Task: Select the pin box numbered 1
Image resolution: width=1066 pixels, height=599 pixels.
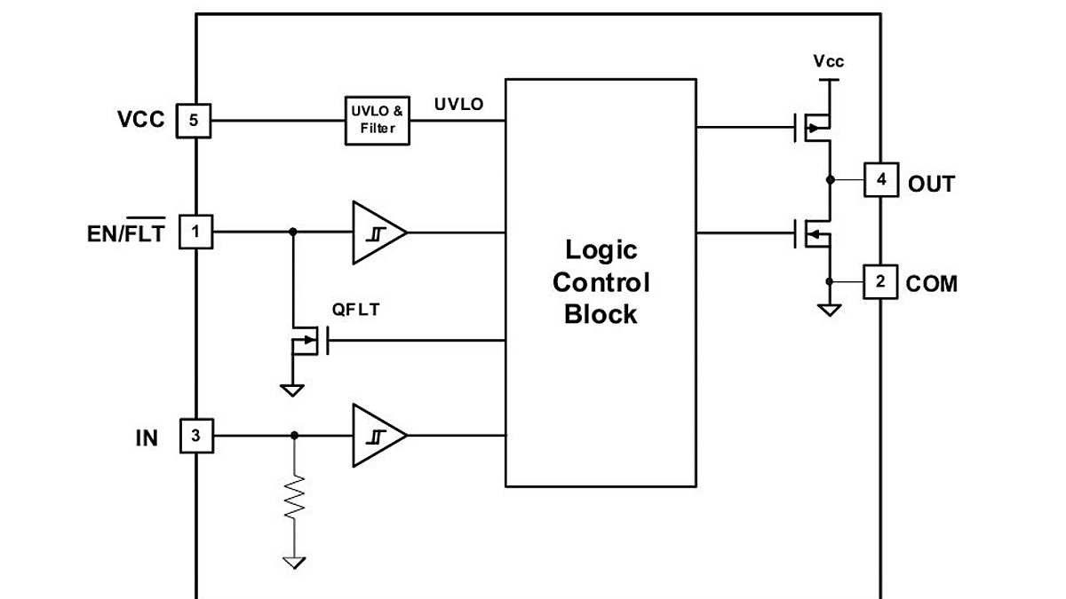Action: (x=195, y=233)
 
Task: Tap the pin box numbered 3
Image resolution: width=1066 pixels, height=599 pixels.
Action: (x=196, y=436)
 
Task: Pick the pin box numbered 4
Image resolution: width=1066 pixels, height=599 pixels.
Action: (x=880, y=180)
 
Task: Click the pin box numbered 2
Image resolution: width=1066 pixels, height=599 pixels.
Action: (x=880, y=282)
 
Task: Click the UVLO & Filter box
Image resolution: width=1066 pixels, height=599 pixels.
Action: (x=378, y=121)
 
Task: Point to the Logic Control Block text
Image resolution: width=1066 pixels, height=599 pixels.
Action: (x=601, y=281)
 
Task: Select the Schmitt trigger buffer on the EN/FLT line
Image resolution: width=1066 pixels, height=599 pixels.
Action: (x=377, y=233)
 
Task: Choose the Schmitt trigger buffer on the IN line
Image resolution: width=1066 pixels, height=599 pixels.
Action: (x=377, y=436)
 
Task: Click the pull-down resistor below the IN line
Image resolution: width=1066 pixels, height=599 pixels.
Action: (x=294, y=501)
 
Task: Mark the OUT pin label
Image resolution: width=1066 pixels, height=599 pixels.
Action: (x=931, y=185)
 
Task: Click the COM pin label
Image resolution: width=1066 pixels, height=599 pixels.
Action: (x=932, y=285)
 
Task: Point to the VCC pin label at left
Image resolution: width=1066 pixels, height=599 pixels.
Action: (x=140, y=120)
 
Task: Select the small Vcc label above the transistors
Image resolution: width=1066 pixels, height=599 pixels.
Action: (x=828, y=61)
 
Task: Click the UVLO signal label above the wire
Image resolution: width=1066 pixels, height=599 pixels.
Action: (x=458, y=105)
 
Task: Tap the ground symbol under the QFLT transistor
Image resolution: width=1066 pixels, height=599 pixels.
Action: (x=291, y=389)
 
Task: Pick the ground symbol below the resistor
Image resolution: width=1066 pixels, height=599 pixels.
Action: (x=294, y=561)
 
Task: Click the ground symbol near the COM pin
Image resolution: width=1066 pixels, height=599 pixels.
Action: (x=829, y=310)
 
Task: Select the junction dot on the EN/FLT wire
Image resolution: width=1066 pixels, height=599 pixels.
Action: (x=293, y=233)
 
